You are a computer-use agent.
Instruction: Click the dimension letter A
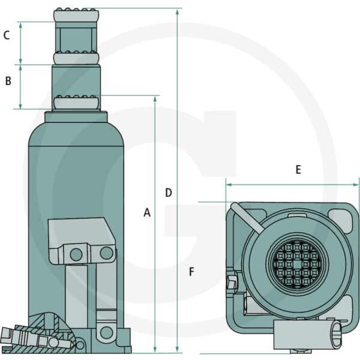pyautogui.click(x=147, y=212)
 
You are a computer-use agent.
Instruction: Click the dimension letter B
pyautogui.click(x=8, y=81)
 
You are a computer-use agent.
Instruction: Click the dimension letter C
pyautogui.click(x=7, y=35)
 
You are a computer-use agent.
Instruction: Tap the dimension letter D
pyautogui.click(x=169, y=193)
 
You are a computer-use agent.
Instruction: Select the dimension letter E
pyautogui.click(x=298, y=170)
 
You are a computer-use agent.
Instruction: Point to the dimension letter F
pyautogui.click(x=191, y=272)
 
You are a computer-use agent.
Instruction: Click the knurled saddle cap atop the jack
pyautogui.click(x=76, y=15)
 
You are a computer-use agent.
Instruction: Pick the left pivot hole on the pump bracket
pyautogui.click(x=76, y=254)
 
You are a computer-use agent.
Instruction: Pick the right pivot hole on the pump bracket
pyautogui.click(x=106, y=253)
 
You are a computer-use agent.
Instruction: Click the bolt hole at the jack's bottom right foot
pyautogui.click(x=106, y=332)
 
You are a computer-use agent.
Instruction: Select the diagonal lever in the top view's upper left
pyautogui.click(x=247, y=217)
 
